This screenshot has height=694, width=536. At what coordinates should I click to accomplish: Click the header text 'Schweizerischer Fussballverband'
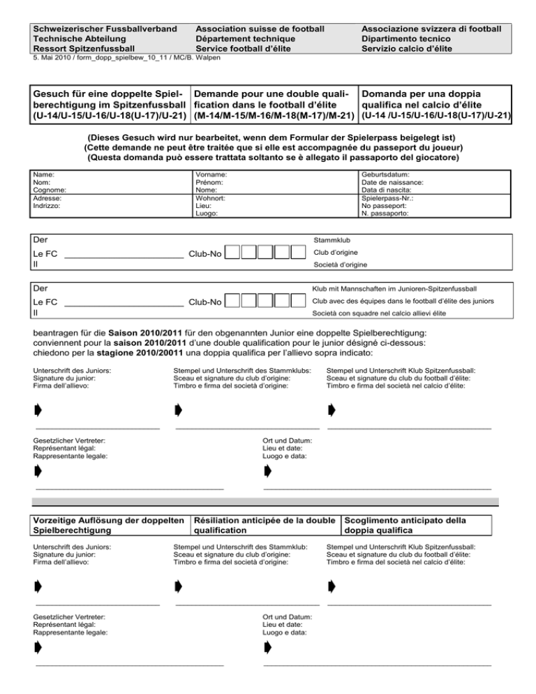click(102, 29)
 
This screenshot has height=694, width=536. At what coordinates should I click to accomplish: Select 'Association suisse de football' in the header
click(260, 29)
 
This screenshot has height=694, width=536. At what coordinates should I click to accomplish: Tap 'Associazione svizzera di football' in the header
click(431, 29)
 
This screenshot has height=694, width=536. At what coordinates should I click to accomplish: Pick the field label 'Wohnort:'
click(211, 198)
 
